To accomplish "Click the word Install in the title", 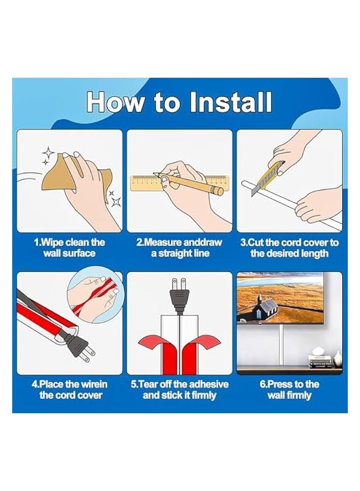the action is point(231,102).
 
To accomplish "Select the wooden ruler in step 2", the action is point(179,183).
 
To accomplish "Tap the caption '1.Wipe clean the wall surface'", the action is point(69,248).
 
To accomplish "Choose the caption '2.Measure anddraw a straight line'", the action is point(179,248).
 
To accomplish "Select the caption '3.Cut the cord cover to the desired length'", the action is point(289,248).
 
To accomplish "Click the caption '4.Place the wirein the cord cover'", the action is point(70,389).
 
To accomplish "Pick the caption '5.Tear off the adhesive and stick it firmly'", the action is point(179,389).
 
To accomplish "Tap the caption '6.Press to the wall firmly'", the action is point(289,389).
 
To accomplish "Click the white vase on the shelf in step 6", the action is point(338,358).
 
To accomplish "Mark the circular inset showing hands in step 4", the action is point(96,294).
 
